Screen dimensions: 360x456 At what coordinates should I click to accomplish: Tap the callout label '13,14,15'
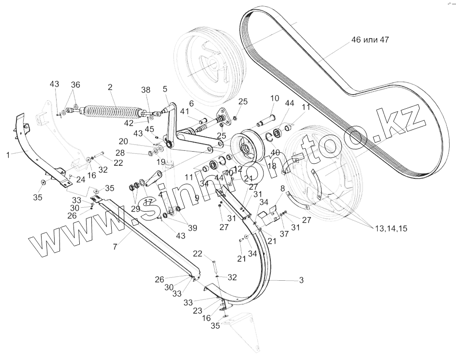click(x=390, y=229)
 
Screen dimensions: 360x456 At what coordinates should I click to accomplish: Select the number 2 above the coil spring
click(x=110, y=87)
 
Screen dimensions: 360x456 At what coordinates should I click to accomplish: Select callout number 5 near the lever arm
click(x=165, y=89)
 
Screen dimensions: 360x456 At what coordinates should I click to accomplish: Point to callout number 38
click(x=146, y=90)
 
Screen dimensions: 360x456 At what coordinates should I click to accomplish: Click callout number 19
click(x=161, y=161)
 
